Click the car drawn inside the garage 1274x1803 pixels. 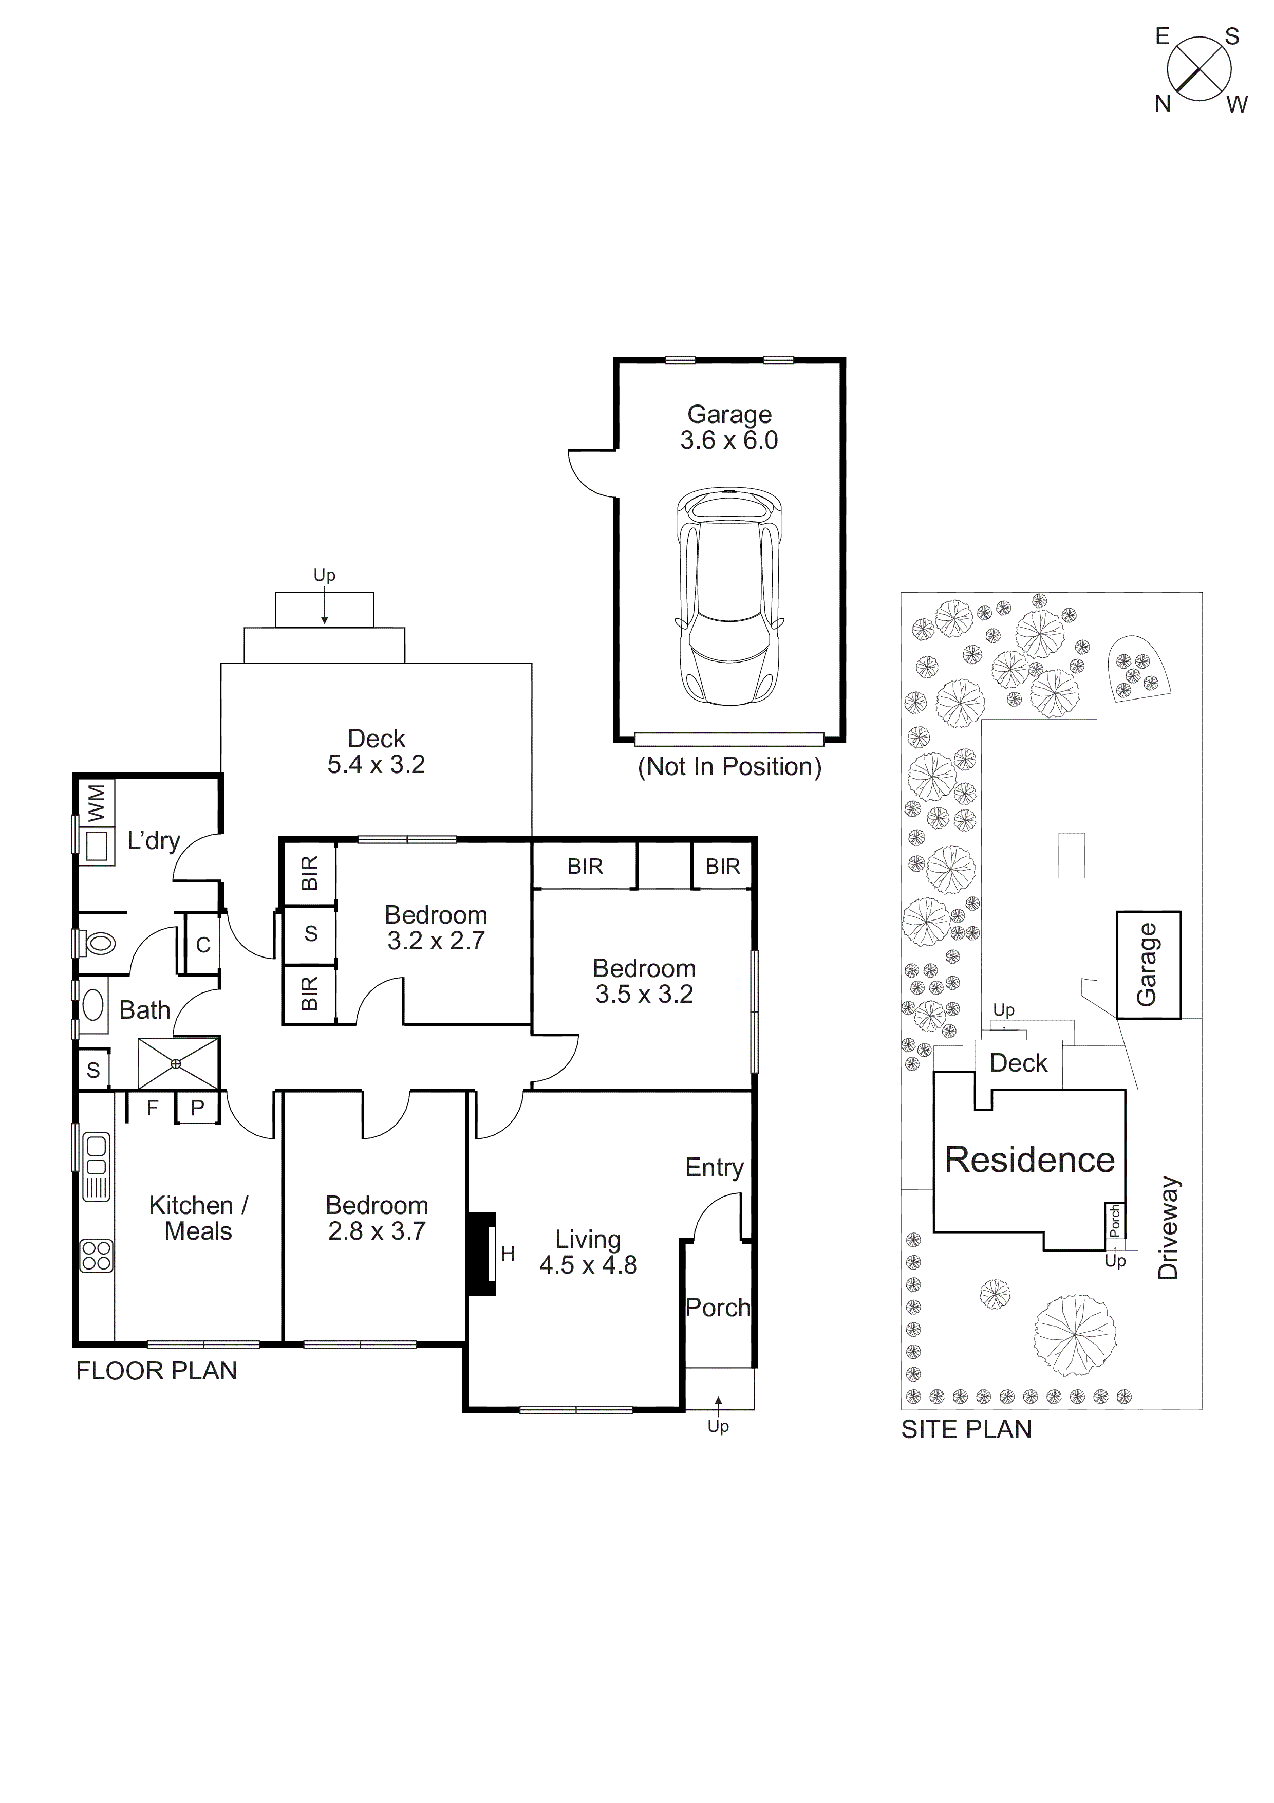pyautogui.click(x=729, y=597)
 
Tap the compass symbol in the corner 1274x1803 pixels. pyautogui.click(x=1198, y=68)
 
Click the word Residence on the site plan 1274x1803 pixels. pyautogui.click(x=1029, y=1160)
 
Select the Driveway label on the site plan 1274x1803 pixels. pyautogui.click(x=1169, y=1227)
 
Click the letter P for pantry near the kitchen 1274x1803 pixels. pyautogui.click(x=198, y=1108)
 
